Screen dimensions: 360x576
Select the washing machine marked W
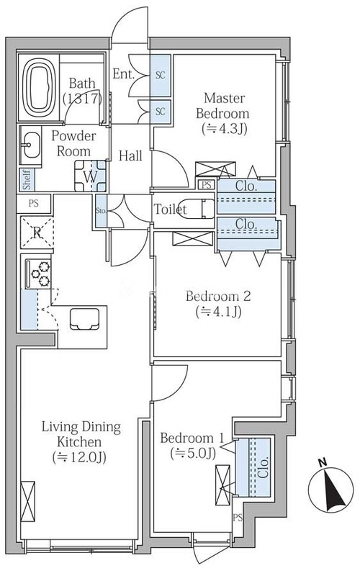click(91, 176)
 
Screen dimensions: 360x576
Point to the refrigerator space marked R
click(37, 232)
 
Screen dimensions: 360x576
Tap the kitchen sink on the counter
click(85, 318)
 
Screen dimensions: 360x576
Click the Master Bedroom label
click(223, 106)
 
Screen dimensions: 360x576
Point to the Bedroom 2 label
click(218, 296)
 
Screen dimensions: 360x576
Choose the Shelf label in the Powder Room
click(27, 179)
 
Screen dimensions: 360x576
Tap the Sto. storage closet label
click(101, 211)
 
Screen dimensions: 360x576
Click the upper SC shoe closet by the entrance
click(160, 76)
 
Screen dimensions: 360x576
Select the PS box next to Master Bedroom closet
click(207, 185)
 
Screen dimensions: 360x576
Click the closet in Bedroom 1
click(253, 467)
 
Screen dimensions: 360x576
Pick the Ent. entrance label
click(123, 74)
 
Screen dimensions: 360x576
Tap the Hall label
click(130, 156)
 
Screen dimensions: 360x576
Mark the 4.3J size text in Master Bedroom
click(224, 129)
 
